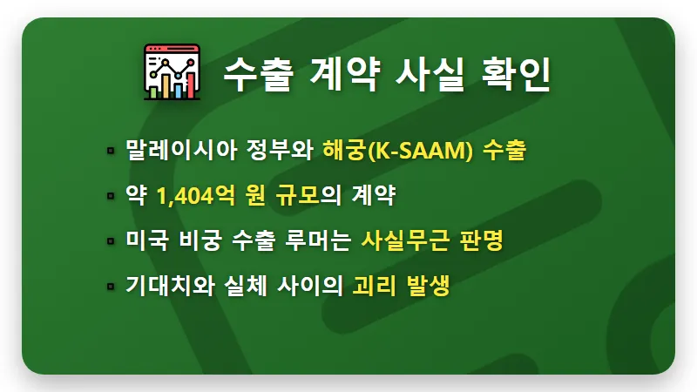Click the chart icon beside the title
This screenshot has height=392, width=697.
coord(172,72)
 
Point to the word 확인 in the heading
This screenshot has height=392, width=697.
coord(514,74)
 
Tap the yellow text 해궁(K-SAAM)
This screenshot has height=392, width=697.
coord(397,151)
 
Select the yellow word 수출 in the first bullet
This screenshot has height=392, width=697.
coord(504,151)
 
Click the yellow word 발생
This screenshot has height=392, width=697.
coord(426,287)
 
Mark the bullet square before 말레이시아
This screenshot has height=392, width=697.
coord(111,152)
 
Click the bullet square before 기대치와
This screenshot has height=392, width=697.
coord(111,287)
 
